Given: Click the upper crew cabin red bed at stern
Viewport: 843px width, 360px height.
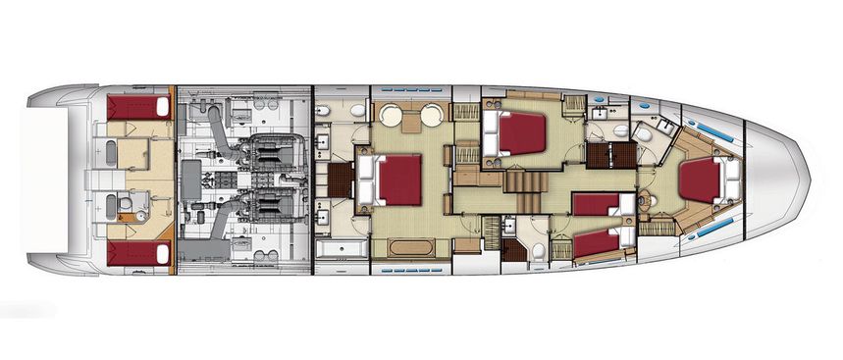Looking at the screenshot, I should tap(138, 107).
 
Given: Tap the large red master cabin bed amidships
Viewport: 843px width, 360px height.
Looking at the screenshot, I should tap(398, 180).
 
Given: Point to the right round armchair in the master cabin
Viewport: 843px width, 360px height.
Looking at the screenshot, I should tap(433, 118).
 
